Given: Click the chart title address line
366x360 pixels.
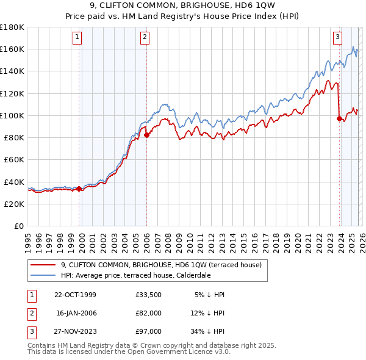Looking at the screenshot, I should coord(182,6).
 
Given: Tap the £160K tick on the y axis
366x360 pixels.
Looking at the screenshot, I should coord(12,49).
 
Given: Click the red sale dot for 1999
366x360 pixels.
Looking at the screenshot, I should coord(79,189).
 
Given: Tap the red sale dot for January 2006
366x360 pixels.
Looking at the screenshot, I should coord(146,135).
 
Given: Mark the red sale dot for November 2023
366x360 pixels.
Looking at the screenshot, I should coord(339,119).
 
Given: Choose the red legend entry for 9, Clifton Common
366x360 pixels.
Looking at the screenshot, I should coord(161,265).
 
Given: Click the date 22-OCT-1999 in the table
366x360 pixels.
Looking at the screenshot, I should coord(75,295).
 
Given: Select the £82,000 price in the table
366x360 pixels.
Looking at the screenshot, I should coord(149,312).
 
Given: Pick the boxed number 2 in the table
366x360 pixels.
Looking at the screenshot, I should coord(31,312).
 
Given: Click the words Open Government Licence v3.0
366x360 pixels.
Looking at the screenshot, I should coord(184,351).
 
